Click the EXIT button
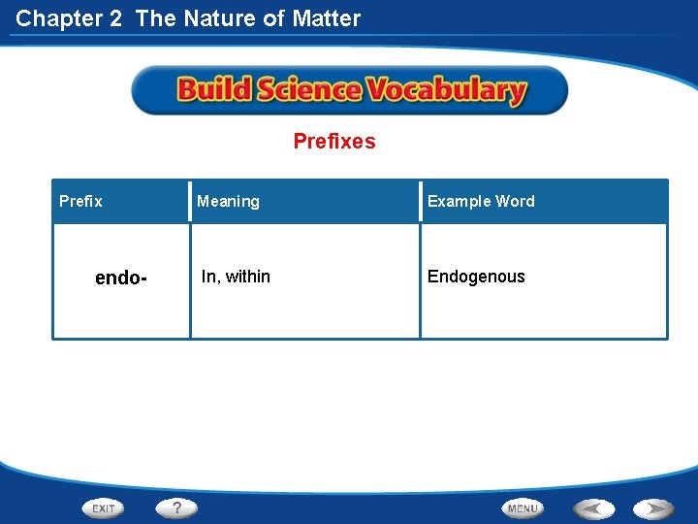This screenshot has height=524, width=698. pos(104,508)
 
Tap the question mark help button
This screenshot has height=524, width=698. pos(177,508)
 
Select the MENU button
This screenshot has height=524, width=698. pos(523,508)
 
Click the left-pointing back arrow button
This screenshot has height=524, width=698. pos(593,508)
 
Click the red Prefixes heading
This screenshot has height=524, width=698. pos(334,142)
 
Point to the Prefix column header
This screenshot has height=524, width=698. pos(80,202)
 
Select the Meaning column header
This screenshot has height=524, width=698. pos(228,202)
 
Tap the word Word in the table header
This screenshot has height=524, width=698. pos(516,202)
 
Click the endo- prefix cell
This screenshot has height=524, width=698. pos(121,278)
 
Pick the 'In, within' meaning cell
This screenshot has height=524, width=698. pos(236,277)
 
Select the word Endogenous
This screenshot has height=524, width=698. pos(476,277)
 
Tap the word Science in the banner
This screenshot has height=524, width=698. pos(309,91)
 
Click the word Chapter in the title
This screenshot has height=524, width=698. pos(56,17)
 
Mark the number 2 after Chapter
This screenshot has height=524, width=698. pos(116,17)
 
